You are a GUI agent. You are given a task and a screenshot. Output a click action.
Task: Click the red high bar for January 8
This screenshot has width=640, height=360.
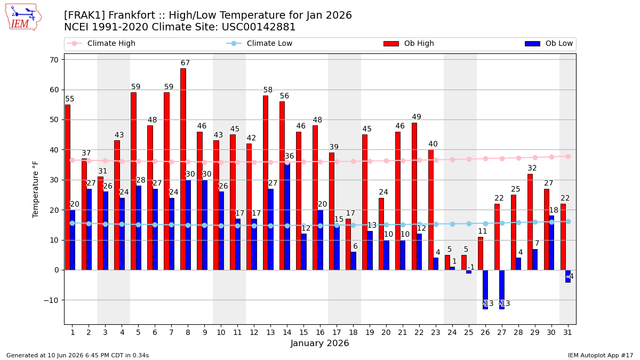coord(183,169)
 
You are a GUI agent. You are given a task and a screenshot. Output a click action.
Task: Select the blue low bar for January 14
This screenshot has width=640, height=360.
coord(287,216)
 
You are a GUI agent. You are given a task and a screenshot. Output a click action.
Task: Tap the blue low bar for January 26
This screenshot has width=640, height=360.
coord(485,290)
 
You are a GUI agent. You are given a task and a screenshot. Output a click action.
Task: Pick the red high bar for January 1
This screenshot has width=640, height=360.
coord(67,187)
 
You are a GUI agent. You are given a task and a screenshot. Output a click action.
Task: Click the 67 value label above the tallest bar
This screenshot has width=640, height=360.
coord(185,62)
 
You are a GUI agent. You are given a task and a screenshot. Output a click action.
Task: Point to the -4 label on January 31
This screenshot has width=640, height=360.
coord(570,276)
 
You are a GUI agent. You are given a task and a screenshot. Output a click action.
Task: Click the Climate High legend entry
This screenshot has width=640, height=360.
coord(101,43)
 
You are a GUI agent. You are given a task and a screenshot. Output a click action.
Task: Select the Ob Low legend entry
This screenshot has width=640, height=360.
coord(549,43)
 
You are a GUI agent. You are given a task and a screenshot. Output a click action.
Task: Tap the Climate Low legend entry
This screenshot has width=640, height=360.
coord(259,43)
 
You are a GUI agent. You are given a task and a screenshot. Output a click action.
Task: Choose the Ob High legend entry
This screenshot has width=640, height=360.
coord(409,43)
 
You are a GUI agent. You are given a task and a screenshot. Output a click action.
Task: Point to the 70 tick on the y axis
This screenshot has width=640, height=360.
coord(54,60)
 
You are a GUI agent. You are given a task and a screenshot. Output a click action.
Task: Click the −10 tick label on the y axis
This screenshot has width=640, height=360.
coord(51,300)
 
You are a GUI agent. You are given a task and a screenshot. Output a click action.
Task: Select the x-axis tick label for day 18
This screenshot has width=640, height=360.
coord(353,332)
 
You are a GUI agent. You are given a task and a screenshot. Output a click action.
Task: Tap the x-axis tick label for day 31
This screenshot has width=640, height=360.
coord(567,332)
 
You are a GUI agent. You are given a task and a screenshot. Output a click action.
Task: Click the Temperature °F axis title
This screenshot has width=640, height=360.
coord(35,190)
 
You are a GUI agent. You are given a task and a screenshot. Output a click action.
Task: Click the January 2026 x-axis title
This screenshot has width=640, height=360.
coord(319,343)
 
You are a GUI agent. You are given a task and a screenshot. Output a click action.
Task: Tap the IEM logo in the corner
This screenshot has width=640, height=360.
coord(23,18)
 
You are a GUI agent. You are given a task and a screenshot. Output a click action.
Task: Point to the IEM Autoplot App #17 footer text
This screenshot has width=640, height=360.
coord(601,355)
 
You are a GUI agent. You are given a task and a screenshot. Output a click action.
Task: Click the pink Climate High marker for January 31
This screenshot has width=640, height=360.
coord(568,157)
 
